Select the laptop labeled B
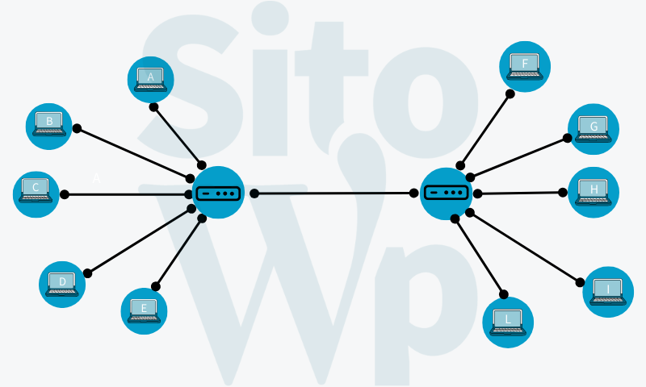point(50,124)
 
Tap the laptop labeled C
point(36,191)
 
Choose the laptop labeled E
point(144,310)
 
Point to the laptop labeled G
point(594,128)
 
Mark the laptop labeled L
point(508,321)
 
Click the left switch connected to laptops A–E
point(219,193)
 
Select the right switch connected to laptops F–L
point(445,193)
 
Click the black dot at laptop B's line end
point(77,128)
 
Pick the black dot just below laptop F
point(510,94)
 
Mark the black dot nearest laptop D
point(87,273)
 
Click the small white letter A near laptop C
point(97,178)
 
